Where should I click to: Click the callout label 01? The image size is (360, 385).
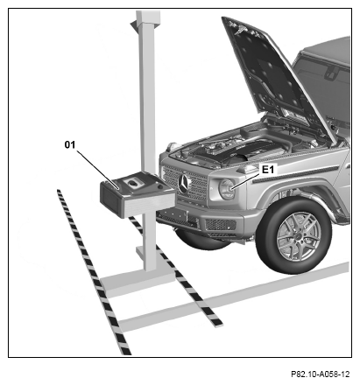pyautogui.click(x=70, y=144)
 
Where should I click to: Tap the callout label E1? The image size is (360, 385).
pyautogui.click(x=268, y=170)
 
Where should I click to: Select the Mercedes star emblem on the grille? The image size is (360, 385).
pyautogui.click(x=184, y=184)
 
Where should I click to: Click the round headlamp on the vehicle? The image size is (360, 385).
pyautogui.click(x=227, y=189)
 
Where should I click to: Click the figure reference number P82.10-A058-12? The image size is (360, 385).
pyautogui.click(x=320, y=374)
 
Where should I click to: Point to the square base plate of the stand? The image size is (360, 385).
pyautogui.click(x=138, y=282)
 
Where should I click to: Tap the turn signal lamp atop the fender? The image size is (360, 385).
pyautogui.click(x=248, y=169)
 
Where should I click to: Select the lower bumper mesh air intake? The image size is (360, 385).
pyautogui.click(x=221, y=225)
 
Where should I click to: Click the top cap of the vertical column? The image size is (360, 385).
pyautogui.click(x=146, y=18)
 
